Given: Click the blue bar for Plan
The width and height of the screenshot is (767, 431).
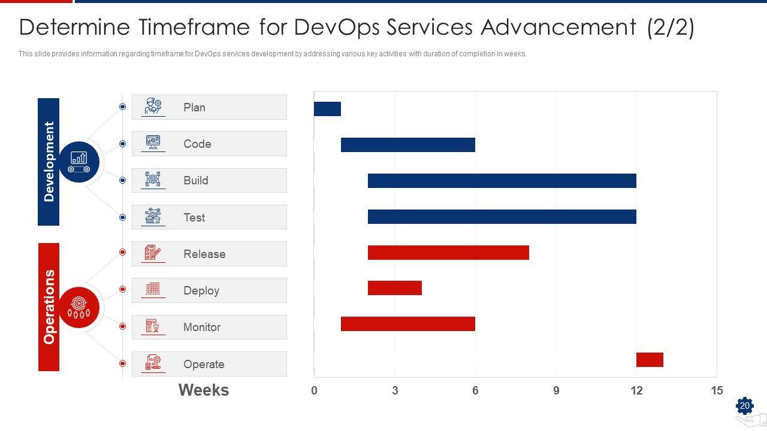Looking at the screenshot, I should coord(327,109).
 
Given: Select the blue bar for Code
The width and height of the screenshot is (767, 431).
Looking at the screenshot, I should coord(407,145).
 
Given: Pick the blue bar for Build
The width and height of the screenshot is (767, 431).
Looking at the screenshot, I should coord(502,181).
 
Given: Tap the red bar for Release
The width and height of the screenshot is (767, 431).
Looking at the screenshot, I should coord(448,253).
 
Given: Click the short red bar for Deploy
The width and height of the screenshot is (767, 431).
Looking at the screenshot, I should coord(394,288).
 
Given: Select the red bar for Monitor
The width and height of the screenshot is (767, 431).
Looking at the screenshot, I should coord(407,324).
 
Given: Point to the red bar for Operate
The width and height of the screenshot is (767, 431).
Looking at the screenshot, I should coord(650,360).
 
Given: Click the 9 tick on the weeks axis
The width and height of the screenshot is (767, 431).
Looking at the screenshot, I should coord(556,391).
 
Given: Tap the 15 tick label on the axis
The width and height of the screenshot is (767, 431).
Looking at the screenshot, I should coord(717,391).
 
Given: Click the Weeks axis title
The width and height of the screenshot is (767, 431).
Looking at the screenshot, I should coord(204,390).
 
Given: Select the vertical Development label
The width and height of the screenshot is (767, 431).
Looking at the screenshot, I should coord(49,162).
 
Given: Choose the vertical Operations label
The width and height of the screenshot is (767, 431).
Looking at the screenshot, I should coord(49,306).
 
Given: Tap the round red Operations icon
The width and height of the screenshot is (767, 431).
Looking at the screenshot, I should coord(79,307).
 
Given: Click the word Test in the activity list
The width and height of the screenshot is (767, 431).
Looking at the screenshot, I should coord(194,218).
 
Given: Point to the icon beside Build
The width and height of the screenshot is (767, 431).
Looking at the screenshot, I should coord(153,180).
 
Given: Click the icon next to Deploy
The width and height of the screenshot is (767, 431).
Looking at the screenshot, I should coord(153,290).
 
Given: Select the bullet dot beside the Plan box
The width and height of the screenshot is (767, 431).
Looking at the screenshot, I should coord(122,107).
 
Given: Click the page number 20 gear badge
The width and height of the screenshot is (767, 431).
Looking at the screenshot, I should coord(744,406).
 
